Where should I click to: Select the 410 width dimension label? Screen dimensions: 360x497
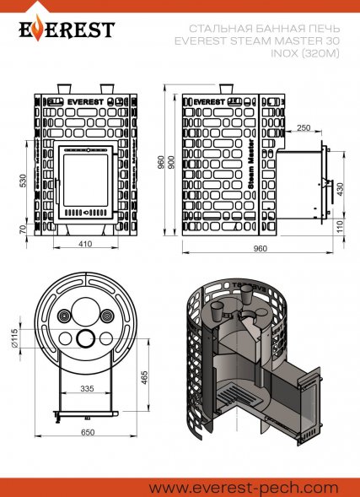85,244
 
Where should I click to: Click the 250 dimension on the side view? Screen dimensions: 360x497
304,127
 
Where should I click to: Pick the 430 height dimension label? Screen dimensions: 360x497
340,189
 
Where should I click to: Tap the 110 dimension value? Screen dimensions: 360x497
340,227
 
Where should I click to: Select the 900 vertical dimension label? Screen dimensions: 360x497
171,162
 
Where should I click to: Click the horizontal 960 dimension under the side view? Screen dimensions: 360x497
260,248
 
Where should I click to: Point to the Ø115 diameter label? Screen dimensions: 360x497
13,338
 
